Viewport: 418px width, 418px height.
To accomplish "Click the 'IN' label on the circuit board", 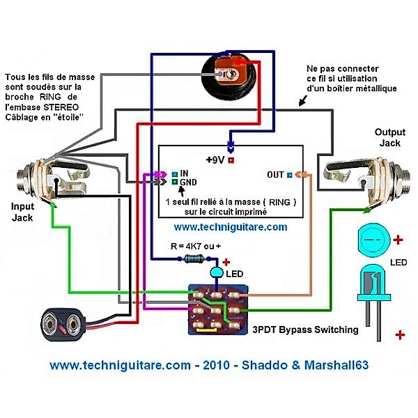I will [185, 173].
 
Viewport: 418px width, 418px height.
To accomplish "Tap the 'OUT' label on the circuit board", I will [276, 174].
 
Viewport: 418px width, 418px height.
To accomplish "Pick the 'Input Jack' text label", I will [22, 212].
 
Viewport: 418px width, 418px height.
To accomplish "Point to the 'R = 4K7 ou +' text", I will [199, 245].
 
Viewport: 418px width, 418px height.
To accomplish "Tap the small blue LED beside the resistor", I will [217, 270].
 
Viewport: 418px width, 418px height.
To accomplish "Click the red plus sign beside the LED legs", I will [400, 335].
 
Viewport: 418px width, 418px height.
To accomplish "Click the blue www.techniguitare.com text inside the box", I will [230, 227].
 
